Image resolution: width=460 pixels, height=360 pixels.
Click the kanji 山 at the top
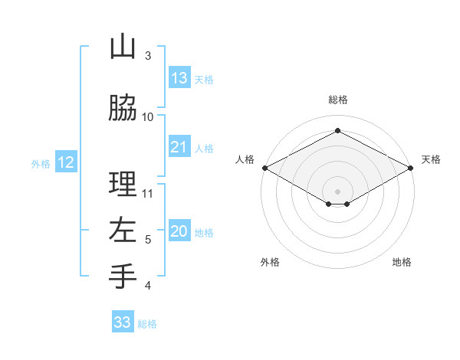(123, 48)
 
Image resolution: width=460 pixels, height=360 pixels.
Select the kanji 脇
(123, 108)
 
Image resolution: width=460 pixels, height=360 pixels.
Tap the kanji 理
(123, 185)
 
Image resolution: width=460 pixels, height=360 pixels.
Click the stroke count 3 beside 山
(148, 56)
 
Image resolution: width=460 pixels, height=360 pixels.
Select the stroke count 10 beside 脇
(148, 116)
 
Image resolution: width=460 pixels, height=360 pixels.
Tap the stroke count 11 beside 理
(149, 193)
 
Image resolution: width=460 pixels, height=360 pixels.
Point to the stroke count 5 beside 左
(148, 240)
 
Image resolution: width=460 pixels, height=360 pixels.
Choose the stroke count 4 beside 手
(148, 286)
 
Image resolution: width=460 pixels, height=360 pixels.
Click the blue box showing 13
(179, 77)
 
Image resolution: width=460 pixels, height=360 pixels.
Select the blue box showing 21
(179, 147)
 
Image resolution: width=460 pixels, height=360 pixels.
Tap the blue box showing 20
(179, 231)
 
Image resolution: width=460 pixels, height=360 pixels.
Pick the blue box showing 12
(66, 162)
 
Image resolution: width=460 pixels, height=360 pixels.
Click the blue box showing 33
(123, 322)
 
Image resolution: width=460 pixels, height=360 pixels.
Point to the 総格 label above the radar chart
(337, 100)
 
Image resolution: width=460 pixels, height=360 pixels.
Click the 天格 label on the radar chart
(431, 159)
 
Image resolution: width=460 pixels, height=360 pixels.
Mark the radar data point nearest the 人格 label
(264, 168)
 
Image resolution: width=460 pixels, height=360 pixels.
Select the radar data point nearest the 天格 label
(411, 168)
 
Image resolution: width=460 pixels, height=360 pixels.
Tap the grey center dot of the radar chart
(337, 190)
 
